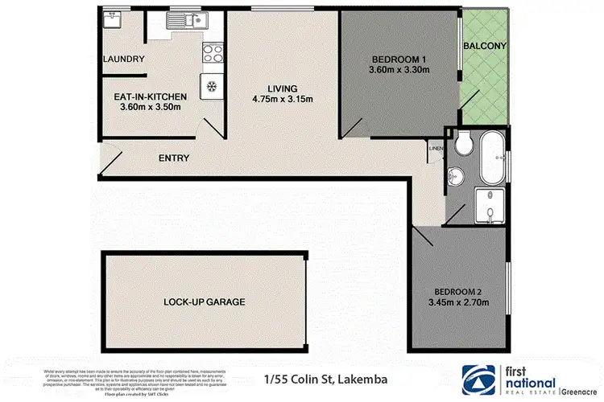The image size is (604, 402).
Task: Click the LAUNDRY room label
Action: pos(124,59)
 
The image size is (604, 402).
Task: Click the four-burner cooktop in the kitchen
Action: pos(212,53)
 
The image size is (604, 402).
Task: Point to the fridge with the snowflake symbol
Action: pos(213,86)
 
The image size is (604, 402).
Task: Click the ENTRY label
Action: pos(174,158)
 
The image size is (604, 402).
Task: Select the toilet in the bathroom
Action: pos(461,146)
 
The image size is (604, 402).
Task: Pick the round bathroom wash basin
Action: pos(457,174)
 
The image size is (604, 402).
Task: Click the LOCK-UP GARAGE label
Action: pos(205,302)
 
